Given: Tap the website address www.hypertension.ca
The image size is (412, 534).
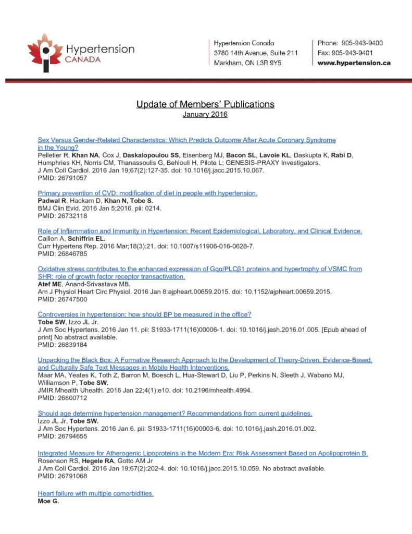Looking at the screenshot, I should [354, 63].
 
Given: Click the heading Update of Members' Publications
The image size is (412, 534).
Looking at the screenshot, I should [205, 104].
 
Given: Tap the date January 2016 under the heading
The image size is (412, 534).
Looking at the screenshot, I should [205, 114].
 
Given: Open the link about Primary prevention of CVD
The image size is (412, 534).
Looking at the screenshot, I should [147, 193].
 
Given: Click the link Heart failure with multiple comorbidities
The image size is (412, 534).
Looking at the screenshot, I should [96, 493].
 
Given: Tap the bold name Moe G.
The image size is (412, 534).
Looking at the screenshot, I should [48, 501].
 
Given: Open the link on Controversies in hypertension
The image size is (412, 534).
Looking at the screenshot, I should [144, 314].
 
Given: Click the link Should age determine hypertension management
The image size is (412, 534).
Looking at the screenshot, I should [175, 414].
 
